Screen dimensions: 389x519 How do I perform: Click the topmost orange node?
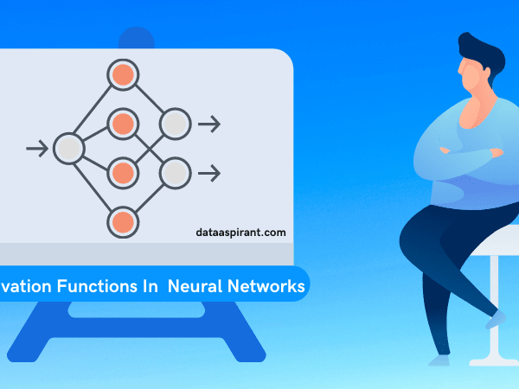(x=123, y=74)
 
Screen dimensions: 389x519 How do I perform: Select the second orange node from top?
(x=123, y=124)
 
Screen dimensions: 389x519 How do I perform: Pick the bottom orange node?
(x=123, y=222)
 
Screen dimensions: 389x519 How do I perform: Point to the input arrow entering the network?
(x=37, y=148)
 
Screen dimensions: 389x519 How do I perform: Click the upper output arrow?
(x=209, y=124)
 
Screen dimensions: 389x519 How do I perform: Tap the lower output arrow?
(x=209, y=173)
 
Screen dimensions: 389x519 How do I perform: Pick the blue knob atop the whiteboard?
(x=137, y=39)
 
